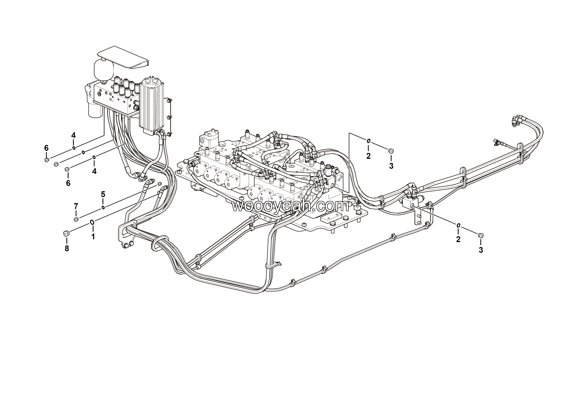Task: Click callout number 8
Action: tap(67, 248)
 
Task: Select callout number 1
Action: tap(93, 237)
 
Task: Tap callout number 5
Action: tap(103, 194)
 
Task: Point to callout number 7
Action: tap(76, 206)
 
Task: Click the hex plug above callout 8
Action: tap(66, 233)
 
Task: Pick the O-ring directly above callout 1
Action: tap(92, 222)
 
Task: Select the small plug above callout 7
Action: tap(76, 219)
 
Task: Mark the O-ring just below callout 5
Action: tap(103, 208)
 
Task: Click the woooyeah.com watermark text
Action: tap(290, 206)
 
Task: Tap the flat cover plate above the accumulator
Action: tap(123, 57)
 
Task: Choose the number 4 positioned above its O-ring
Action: tap(73, 135)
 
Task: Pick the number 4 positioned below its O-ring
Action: tap(94, 172)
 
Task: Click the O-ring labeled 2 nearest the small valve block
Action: tap(458, 226)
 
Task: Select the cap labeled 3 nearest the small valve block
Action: tap(480, 236)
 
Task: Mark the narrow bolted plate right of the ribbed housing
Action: tap(169, 117)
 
